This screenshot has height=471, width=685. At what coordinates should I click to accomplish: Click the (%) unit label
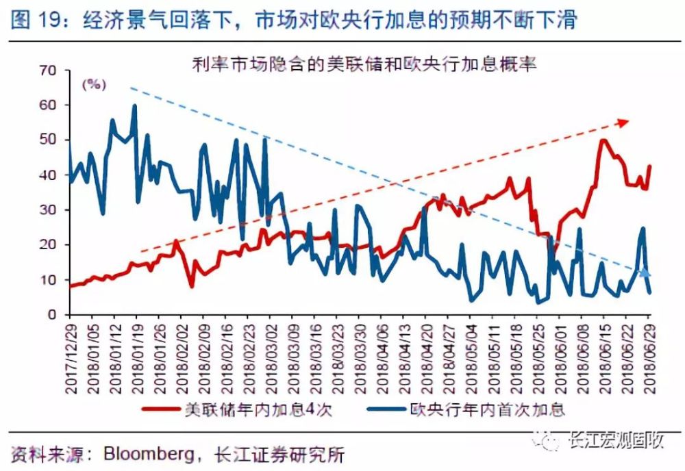95,85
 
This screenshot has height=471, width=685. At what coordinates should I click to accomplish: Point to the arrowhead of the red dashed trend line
623,122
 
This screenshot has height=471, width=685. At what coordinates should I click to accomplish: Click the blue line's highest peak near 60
134,106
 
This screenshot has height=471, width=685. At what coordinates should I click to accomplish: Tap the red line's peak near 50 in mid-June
603,140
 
